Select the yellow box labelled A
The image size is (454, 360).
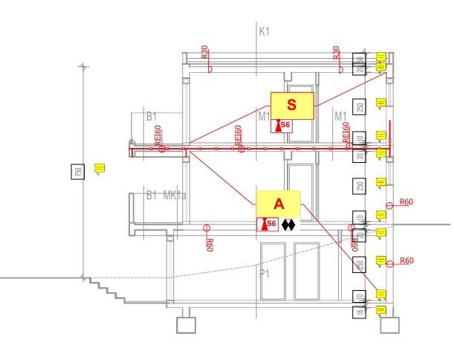[x=279, y=204]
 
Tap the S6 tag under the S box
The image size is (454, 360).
[x=282, y=126]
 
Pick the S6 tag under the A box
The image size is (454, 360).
[x=267, y=224]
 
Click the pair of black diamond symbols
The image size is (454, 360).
[x=288, y=224]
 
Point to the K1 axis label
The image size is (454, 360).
[x=265, y=32]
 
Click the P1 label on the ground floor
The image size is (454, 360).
[x=264, y=274]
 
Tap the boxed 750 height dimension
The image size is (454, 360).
[x=78, y=171]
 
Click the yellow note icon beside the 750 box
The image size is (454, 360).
[x=100, y=170]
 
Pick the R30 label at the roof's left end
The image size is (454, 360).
[x=205, y=53]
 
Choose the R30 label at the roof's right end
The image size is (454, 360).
[x=337, y=53]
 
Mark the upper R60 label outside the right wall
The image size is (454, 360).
[x=406, y=202]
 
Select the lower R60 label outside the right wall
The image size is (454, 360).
[x=406, y=261]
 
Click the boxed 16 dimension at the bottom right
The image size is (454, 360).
[x=360, y=312]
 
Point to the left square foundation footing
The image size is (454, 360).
[x=186, y=325]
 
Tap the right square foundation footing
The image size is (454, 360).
[x=389, y=325]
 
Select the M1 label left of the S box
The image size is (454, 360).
[x=264, y=117]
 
